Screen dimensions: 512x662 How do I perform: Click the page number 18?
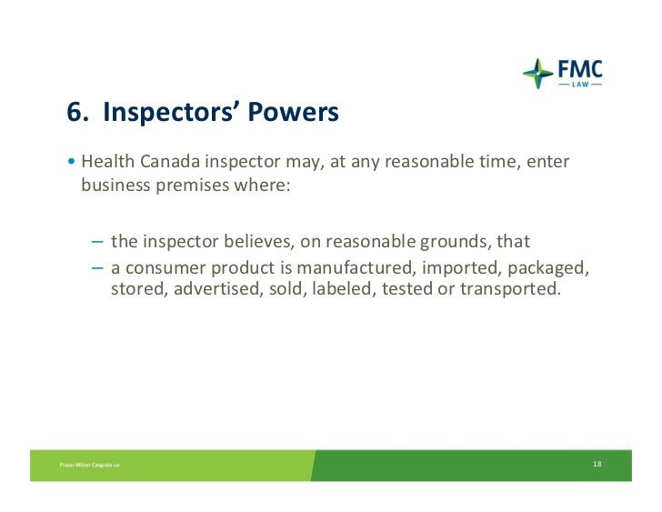click(x=597, y=465)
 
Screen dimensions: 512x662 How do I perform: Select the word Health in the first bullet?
click(x=107, y=162)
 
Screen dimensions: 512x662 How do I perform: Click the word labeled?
click(x=346, y=289)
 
